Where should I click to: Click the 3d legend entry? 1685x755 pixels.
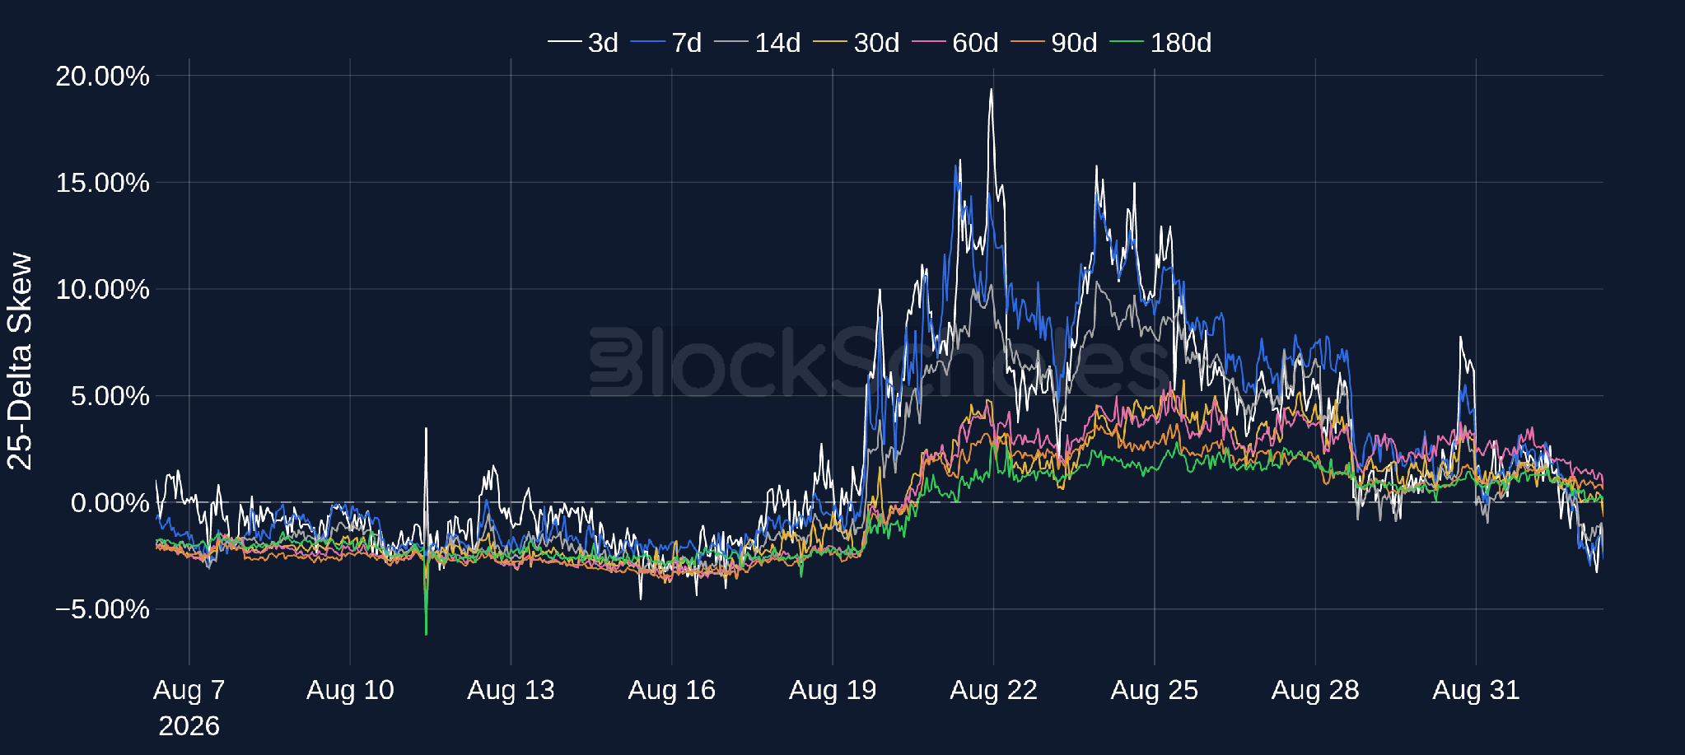583,43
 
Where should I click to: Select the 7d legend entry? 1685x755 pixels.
666,43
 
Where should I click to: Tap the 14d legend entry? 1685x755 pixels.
758,43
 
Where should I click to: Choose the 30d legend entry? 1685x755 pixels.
857,43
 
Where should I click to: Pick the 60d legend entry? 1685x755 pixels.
955,43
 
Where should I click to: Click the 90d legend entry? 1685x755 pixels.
1054,43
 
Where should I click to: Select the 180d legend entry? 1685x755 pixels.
1160,43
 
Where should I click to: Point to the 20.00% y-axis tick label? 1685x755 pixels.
102,76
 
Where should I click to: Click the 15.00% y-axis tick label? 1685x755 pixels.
102,183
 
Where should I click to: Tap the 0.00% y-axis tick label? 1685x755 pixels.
110,502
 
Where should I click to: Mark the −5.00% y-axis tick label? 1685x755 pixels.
102,609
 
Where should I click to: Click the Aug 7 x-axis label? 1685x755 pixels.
189,690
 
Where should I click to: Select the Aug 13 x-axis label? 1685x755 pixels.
511,690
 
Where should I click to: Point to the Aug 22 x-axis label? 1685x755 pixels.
993,690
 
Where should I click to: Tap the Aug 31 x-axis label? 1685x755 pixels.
1476,690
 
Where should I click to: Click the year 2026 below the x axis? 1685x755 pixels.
189,726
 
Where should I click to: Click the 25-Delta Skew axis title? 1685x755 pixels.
20,361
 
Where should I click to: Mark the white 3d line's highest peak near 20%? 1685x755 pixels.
992,89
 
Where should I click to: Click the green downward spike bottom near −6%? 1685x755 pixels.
426,634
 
